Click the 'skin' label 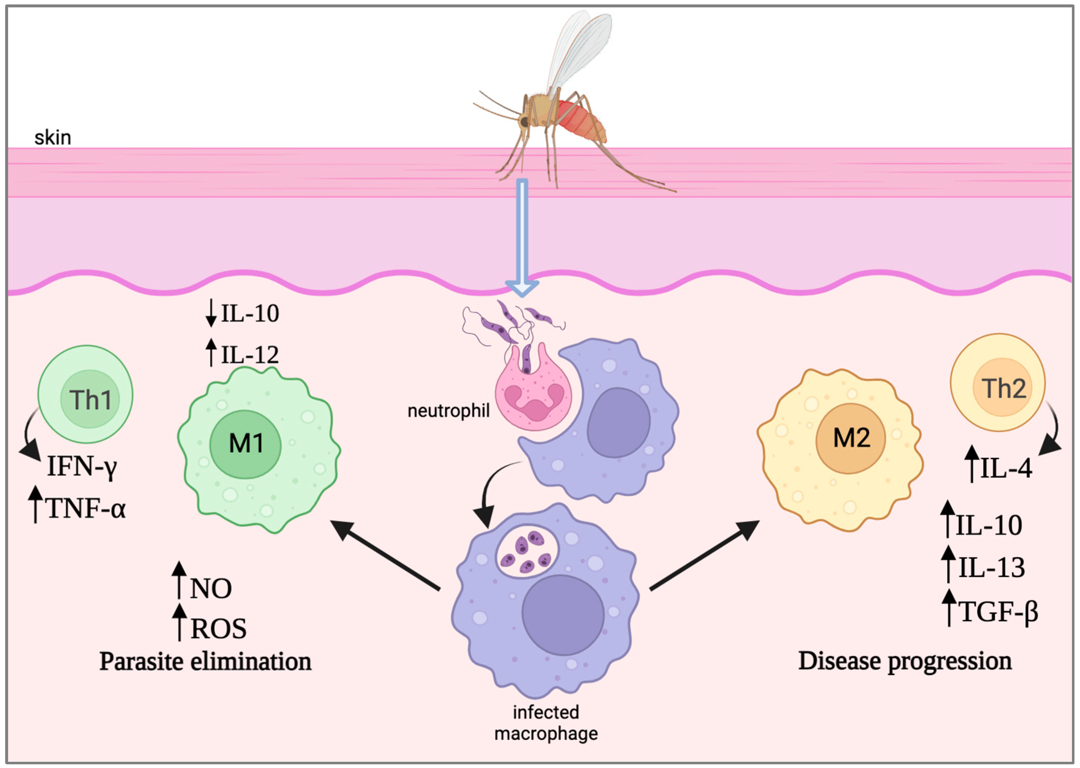click(53, 138)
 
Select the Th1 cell click(85, 394)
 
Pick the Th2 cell click(997, 383)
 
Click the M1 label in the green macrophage click(246, 443)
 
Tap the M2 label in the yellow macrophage click(851, 438)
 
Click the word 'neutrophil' click(448, 410)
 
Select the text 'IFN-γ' click(82, 466)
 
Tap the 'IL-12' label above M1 click(250, 355)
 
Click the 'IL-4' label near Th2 click(1006, 468)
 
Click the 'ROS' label click(218, 629)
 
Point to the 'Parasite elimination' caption click(205, 661)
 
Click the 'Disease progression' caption click(905, 661)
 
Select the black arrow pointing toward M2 click(704, 556)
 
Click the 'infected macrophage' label click(546, 723)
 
